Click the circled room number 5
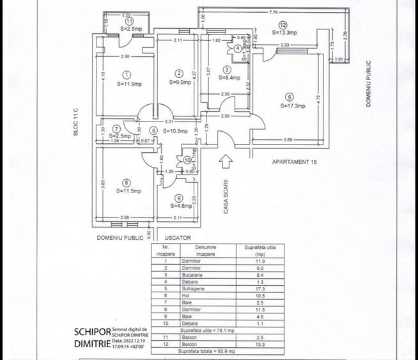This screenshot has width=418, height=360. pyautogui.click(x=290, y=97)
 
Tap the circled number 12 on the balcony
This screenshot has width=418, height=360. pyautogui.click(x=283, y=25)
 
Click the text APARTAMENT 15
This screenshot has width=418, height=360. pyautogui.click(x=295, y=162)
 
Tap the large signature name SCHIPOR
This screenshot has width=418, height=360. pyautogui.click(x=91, y=333)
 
